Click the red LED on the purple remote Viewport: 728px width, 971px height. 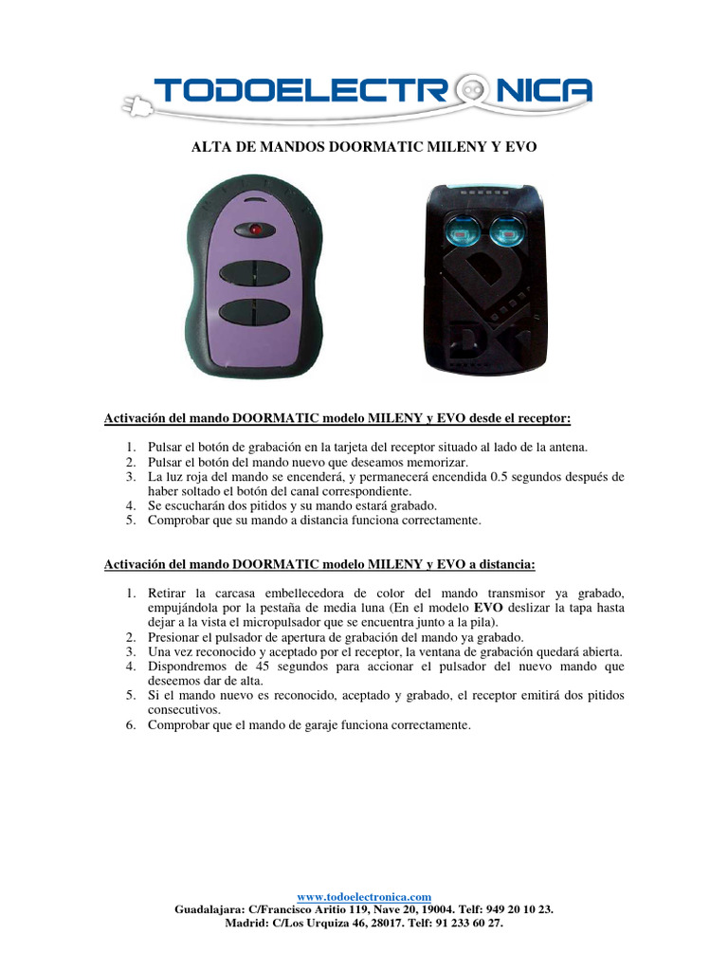255,229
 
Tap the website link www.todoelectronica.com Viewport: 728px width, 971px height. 364,896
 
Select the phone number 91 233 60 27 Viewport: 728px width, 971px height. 466,922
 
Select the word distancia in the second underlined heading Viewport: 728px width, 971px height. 502,564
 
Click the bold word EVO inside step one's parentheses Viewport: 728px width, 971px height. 488,606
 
